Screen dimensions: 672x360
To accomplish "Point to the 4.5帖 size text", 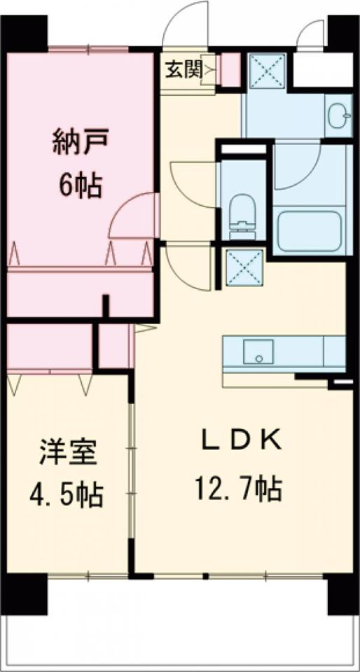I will (x=67, y=496).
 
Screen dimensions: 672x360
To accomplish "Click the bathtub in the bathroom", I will (x=310, y=232).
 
